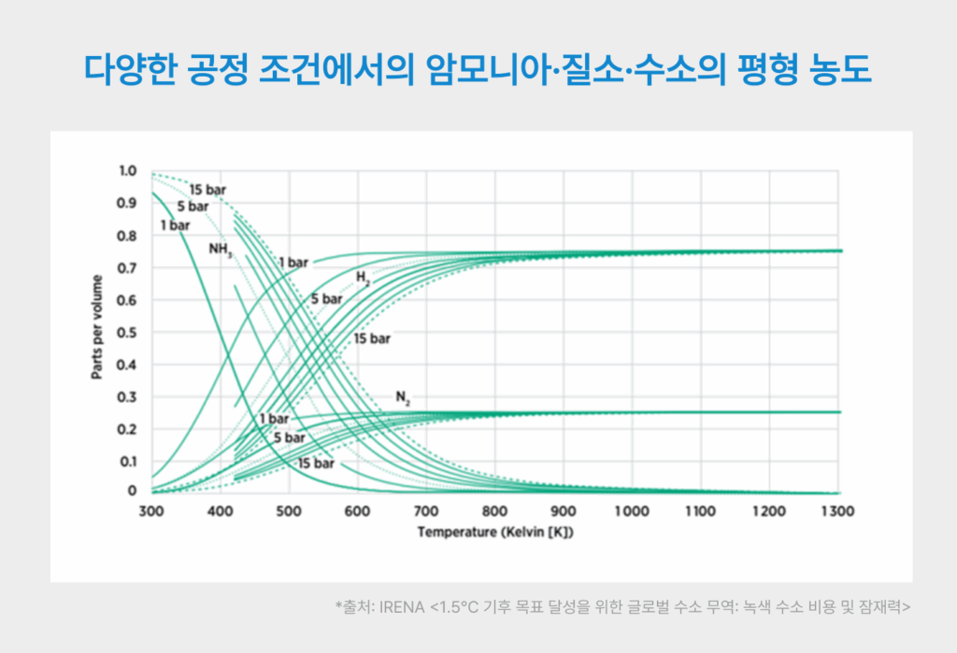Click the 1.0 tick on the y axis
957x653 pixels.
point(127,171)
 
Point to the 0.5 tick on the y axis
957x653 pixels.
point(127,333)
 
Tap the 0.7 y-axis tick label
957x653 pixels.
point(127,268)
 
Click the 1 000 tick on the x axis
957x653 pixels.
point(632,512)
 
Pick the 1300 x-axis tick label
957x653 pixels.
point(839,512)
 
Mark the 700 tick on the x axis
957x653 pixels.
point(426,512)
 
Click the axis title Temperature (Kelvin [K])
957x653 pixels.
point(494,533)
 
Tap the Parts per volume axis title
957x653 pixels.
point(96,333)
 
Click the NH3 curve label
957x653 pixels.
point(221,250)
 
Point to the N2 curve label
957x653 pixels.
point(403,397)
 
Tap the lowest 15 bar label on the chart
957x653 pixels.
point(316,463)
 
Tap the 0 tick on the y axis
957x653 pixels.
point(132,491)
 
